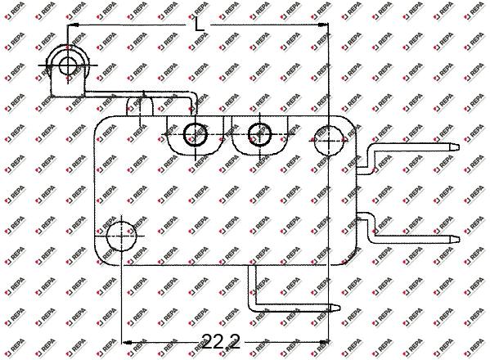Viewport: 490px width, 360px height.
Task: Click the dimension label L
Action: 199,24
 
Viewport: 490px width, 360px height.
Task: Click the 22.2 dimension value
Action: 221,341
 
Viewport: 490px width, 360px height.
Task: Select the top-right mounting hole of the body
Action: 328,141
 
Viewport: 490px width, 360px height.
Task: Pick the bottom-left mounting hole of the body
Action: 121,236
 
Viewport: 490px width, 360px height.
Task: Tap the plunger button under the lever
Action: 140,106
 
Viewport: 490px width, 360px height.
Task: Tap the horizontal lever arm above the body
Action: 137,94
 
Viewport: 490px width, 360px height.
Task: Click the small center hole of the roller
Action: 68,65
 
